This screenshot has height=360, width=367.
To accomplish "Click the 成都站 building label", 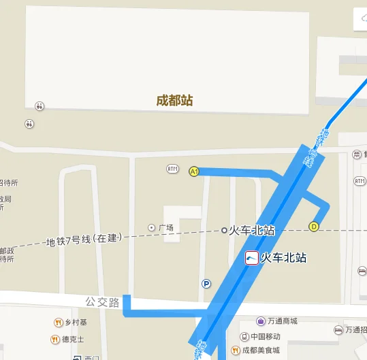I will tap(175, 101).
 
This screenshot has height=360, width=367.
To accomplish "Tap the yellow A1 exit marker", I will tap(193, 171).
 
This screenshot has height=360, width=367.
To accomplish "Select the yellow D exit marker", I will tap(314, 227).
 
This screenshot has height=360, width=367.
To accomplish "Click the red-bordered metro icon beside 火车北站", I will tap(251, 258).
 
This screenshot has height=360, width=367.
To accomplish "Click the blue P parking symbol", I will tap(206, 284).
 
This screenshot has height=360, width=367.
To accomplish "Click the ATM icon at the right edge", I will tap(360, 180).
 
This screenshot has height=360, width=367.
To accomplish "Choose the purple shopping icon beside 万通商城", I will tap(261, 321).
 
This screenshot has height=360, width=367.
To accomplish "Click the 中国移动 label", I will tap(265, 336).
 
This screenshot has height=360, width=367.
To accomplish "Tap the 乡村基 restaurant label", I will tap(76, 322).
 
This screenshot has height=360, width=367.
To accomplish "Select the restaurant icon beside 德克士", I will tap(54, 339).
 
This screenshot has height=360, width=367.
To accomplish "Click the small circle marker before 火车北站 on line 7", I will tap(224, 231).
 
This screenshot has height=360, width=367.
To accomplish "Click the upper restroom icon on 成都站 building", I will tap(40, 106).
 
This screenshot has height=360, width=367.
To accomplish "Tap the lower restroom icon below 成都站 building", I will tap(29, 124).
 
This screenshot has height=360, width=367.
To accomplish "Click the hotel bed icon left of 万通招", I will tap(338, 330).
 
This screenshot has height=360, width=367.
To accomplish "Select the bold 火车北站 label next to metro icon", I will tap(285, 258).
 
